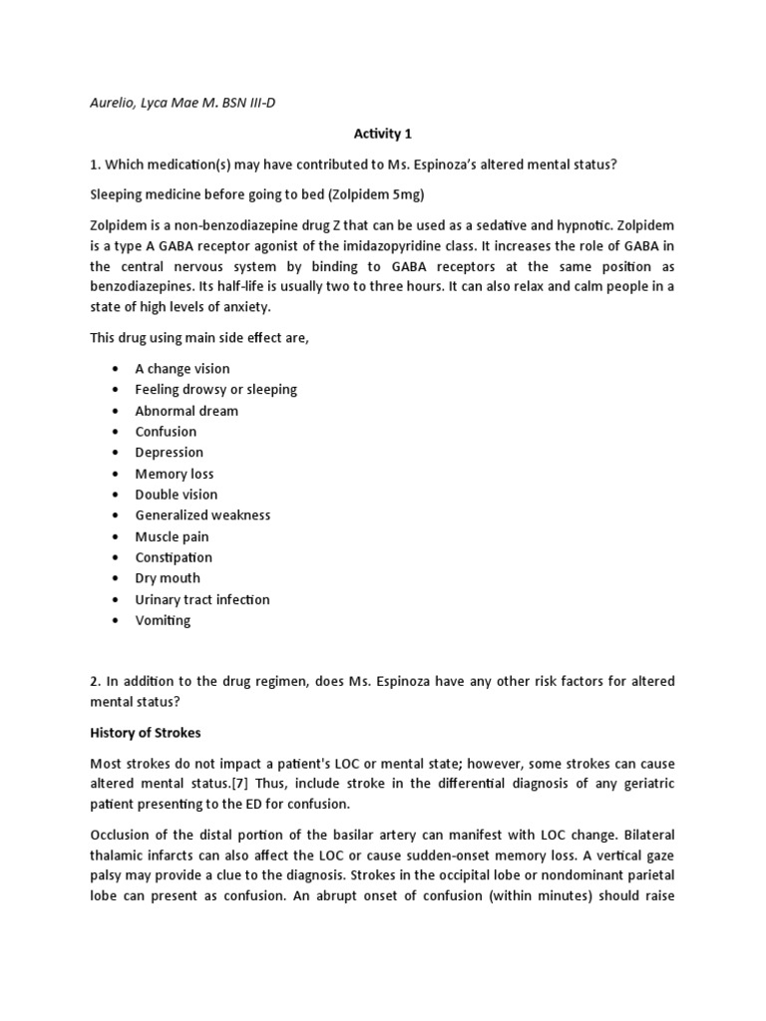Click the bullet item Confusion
(166, 432)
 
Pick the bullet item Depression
(170, 453)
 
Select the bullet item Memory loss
(175, 474)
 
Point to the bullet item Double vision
(177, 495)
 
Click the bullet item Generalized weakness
(202, 515)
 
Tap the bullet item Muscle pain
(172, 536)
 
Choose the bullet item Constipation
(174, 557)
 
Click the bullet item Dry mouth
(168, 578)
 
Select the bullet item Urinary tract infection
(202, 599)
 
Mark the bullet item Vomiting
(163, 620)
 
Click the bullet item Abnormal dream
(187, 411)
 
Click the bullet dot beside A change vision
(117, 369)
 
